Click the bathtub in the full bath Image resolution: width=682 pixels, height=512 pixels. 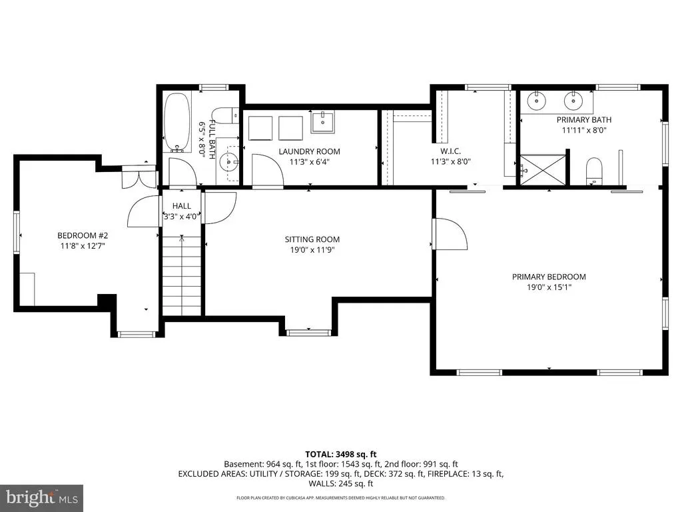pyautogui.click(x=177, y=122)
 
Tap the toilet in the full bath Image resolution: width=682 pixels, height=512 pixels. pyautogui.click(x=228, y=115)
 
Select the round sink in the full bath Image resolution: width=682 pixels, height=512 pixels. pyautogui.click(x=229, y=163)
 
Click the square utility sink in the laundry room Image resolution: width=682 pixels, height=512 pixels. pyautogui.click(x=323, y=122)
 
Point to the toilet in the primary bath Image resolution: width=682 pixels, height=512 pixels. pyautogui.click(x=593, y=171)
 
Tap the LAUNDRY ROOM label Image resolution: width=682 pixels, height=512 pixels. pyautogui.click(x=309, y=151)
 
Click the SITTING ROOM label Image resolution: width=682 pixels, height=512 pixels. pyautogui.click(x=312, y=239)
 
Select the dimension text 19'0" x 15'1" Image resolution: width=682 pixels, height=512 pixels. pyautogui.click(x=549, y=287)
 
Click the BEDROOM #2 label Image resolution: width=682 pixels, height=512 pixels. pyautogui.click(x=83, y=235)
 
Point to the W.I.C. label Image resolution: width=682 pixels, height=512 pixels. pyautogui.click(x=451, y=151)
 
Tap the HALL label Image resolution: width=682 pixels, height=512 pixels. pyautogui.click(x=181, y=206)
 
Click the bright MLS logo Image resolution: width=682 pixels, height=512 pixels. pyautogui.click(x=42, y=497)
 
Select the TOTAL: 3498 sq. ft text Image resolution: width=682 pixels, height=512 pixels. pyautogui.click(x=340, y=455)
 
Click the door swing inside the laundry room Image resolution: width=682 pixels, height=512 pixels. pyautogui.click(x=268, y=170)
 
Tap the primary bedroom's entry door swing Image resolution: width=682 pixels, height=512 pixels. pyautogui.click(x=450, y=234)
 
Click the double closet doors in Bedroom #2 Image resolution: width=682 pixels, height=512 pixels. pyautogui.click(x=139, y=177)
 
